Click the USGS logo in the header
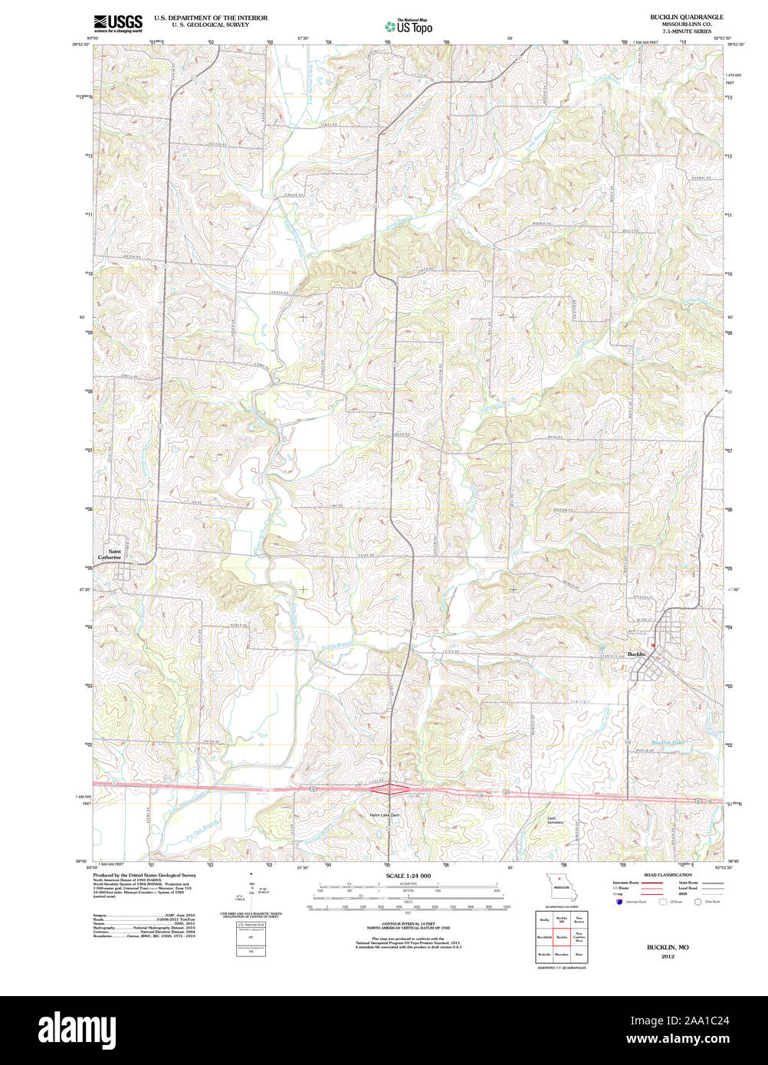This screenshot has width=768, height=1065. pos(118,23)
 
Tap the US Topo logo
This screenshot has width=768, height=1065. pos(409,26)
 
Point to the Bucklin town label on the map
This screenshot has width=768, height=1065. pos(636,654)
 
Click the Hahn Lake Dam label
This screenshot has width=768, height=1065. pos(385,814)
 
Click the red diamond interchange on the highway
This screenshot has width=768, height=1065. pos(389,788)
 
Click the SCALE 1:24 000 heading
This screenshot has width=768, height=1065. pos(408,876)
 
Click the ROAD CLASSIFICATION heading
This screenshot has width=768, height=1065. pos(667,874)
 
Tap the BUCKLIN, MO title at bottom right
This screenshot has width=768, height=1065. pos(667,948)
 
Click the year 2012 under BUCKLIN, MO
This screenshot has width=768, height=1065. pos(667,956)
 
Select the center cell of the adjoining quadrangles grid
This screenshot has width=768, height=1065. pos(561,936)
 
